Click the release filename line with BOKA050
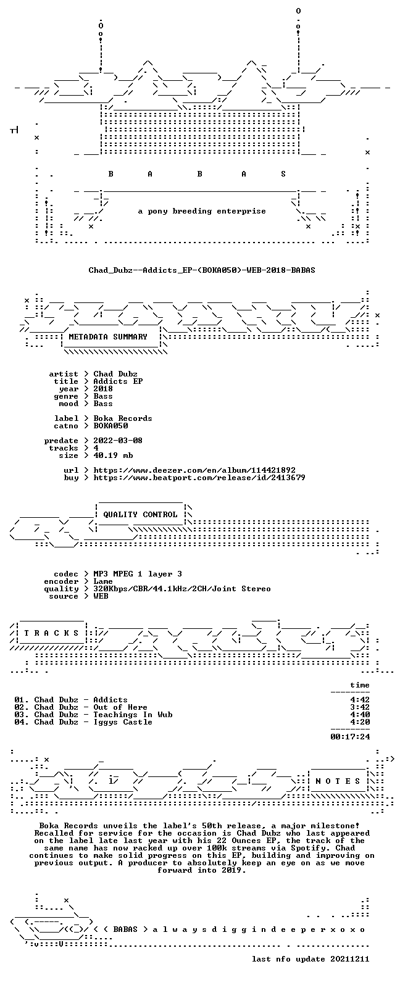click(201, 270)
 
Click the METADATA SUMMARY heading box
click(108, 337)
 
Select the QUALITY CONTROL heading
click(140, 515)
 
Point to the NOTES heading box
click(338, 781)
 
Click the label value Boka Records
click(123, 418)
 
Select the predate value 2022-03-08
click(118, 441)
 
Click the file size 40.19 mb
click(113, 455)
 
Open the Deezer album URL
click(194, 470)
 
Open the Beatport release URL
click(199, 478)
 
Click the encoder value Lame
click(103, 581)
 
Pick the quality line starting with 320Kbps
click(182, 589)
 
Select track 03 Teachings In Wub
click(93, 715)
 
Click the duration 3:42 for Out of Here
click(360, 707)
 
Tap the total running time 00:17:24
click(350, 736)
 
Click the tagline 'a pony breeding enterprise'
click(202, 211)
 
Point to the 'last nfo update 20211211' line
click(310, 959)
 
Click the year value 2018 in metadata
click(103, 389)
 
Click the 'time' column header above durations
click(360, 685)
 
